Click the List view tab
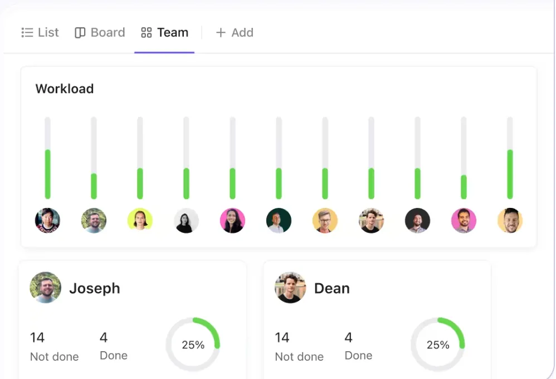point(40,33)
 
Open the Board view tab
point(100,33)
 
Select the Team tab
point(164,33)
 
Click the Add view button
point(235,33)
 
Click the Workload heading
point(65,89)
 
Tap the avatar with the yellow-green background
point(140,220)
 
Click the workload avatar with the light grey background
point(186,220)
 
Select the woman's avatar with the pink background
point(233,220)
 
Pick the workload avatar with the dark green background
point(279,220)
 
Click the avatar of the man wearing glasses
point(325,220)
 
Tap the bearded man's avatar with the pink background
point(464,220)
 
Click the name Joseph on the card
point(95,289)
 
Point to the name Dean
point(332,289)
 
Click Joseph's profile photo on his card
point(45,288)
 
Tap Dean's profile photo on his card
point(290,288)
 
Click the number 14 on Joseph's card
point(37,338)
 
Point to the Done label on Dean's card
point(358,356)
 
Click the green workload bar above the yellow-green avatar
point(140,183)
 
